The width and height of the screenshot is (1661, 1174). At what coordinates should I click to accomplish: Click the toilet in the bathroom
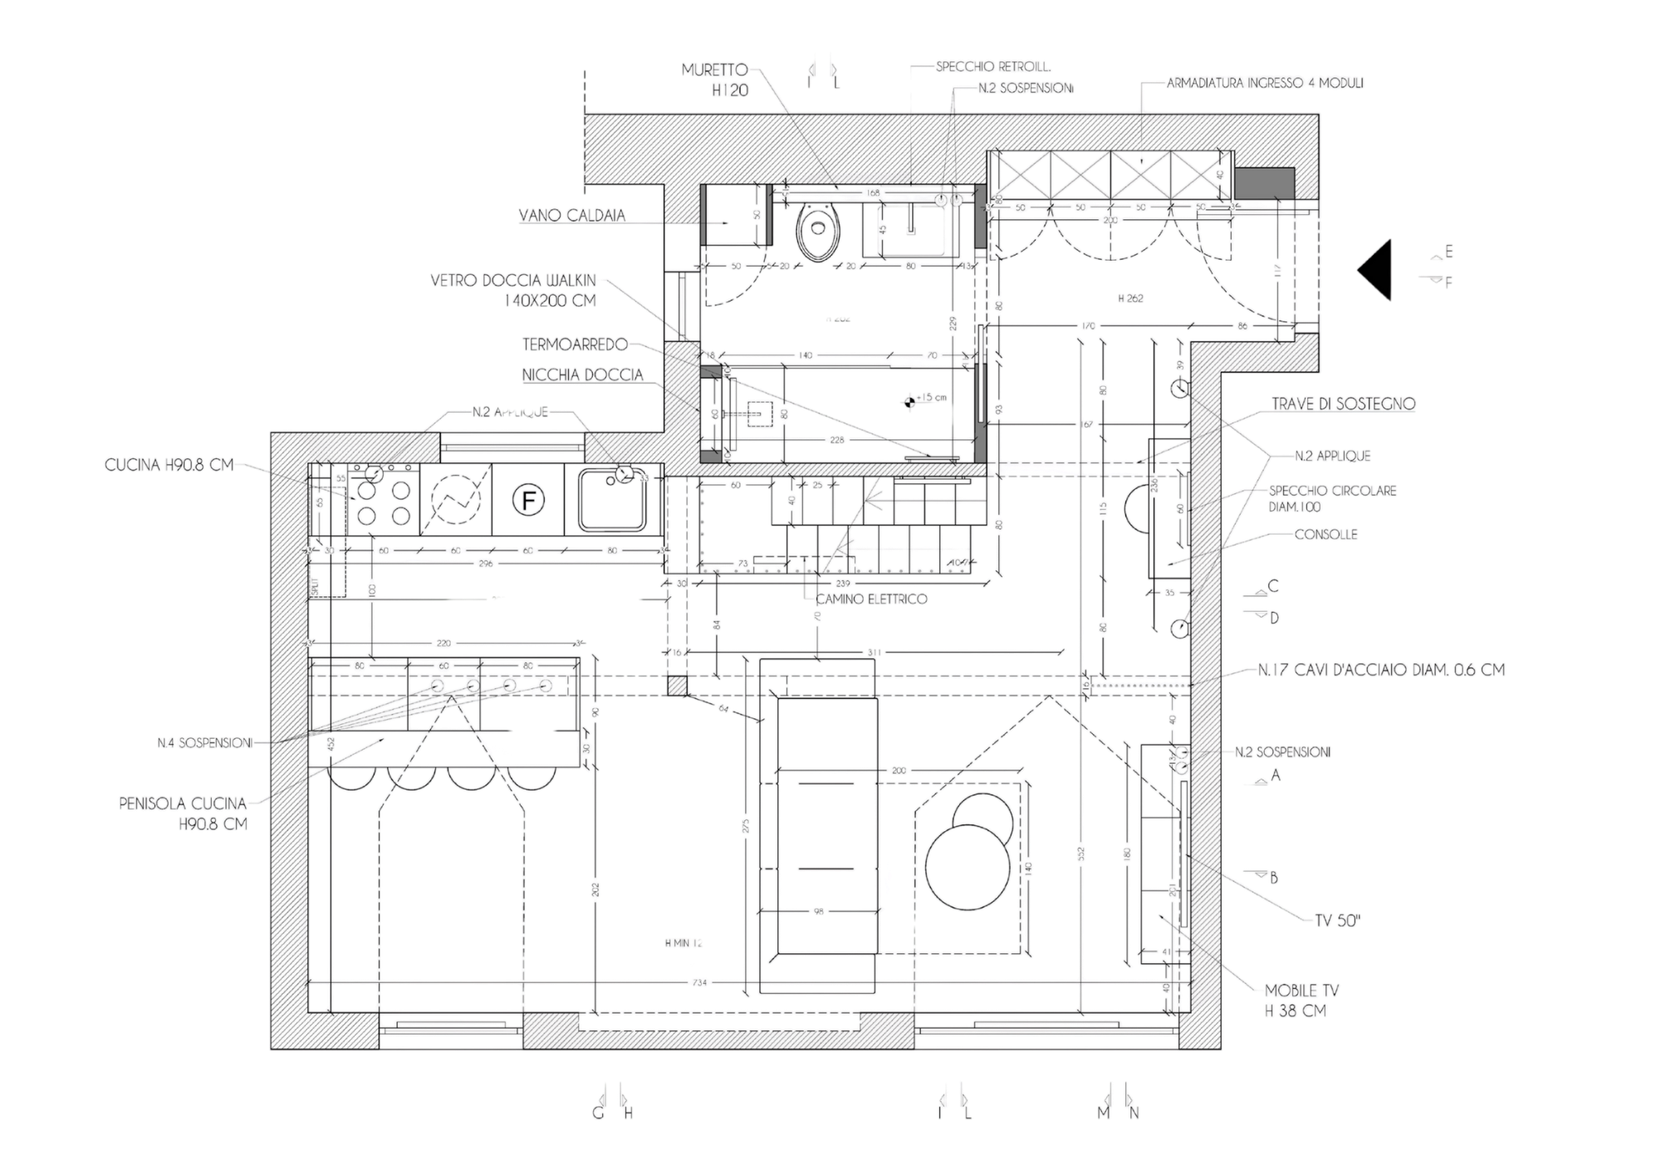817,228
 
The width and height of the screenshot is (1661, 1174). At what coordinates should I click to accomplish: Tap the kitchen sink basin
611,500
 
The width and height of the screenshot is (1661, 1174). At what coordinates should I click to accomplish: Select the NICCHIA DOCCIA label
582,375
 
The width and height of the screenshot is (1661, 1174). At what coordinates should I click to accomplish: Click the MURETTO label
715,71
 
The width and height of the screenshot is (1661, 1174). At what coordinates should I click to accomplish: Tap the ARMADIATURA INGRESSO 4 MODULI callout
1265,83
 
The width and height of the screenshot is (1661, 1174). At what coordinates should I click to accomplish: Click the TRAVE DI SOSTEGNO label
1343,404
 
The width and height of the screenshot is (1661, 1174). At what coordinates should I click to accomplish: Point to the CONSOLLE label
1325,536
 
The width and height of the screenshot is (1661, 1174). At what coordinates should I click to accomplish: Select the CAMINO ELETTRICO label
872,599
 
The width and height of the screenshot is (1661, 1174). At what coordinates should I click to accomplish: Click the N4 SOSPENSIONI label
204,744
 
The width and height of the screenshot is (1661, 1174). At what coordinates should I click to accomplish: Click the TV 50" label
1339,922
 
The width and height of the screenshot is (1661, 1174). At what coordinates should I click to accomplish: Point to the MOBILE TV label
1302,991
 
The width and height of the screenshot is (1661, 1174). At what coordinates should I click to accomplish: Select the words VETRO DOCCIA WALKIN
513,282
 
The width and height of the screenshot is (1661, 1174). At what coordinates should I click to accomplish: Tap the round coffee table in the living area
968,858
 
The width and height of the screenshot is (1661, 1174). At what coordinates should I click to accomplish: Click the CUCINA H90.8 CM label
169,467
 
